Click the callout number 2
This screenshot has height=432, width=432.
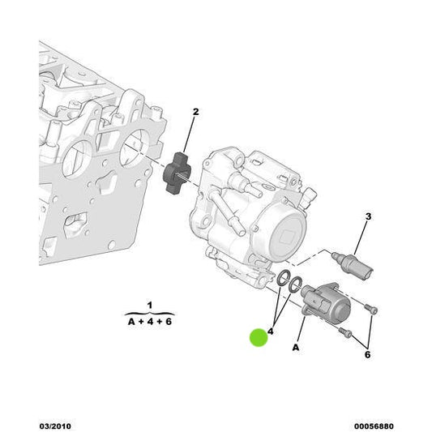[195, 112]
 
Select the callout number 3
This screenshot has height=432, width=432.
[368, 216]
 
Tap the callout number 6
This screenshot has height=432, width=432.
[367, 354]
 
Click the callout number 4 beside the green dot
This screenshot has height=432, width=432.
[271, 331]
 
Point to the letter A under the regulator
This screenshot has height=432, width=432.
[296, 348]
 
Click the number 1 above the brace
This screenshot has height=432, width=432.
[150, 306]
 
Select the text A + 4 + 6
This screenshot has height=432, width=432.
[150, 322]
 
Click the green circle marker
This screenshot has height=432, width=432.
[259, 338]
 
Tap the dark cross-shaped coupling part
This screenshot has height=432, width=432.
[176, 173]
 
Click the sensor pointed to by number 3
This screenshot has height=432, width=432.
[353, 264]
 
